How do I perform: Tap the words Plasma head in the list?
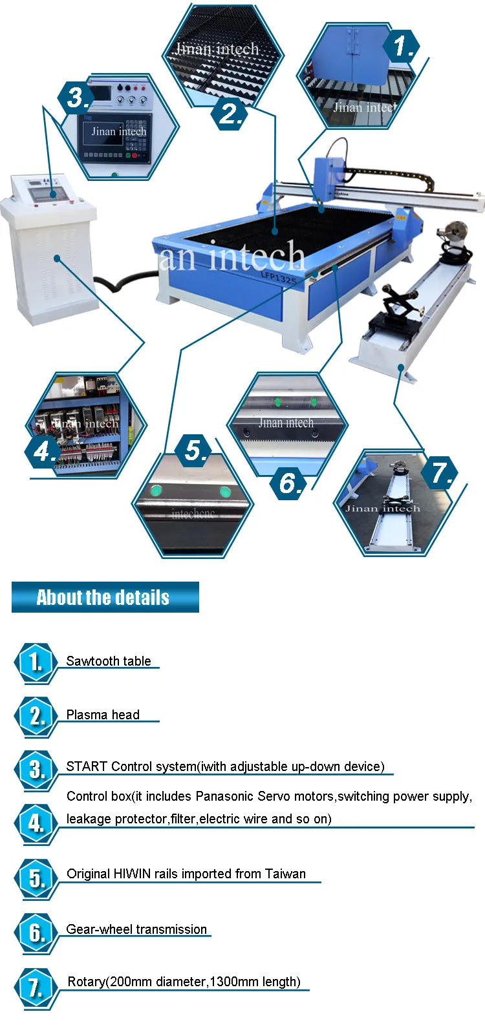[103, 715]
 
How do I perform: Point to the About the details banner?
[105, 597]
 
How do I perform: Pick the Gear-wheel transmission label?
[136, 929]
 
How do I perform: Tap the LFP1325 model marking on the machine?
[278, 276]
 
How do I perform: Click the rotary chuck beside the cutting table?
[451, 229]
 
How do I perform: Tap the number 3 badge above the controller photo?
[77, 98]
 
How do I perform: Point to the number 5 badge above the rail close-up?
[195, 450]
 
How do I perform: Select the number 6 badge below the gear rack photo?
[289, 482]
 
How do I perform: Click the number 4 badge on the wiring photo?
[44, 450]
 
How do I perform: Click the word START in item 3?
[87, 766]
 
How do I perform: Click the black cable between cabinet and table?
[123, 279]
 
